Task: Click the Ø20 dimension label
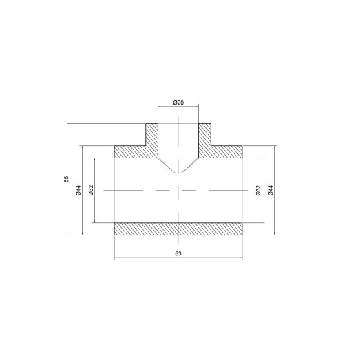178,103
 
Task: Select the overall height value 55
67,180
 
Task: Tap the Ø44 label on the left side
79,190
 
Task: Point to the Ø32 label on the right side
258,190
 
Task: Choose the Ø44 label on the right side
271,190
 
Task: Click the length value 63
178,254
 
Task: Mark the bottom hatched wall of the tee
178,229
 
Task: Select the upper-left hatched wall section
138,146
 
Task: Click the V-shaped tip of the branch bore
178,173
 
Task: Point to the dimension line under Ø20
178,109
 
